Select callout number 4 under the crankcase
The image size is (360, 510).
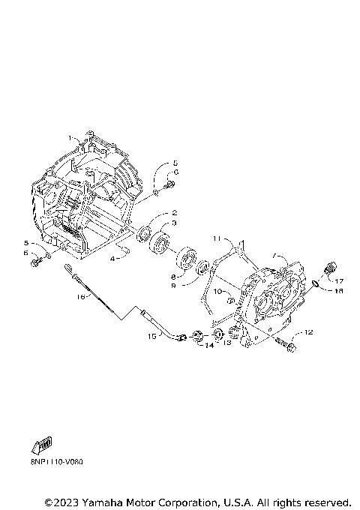click(113, 257)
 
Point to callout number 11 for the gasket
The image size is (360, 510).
click(215, 238)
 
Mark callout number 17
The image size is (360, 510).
click(339, 281)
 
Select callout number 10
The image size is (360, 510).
click(214, 290)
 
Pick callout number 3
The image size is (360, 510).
click(173, 223)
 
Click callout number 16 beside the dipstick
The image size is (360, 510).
click(82, 297)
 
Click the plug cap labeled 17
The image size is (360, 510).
click(327, 269)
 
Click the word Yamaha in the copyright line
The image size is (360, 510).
click(101, 501)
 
